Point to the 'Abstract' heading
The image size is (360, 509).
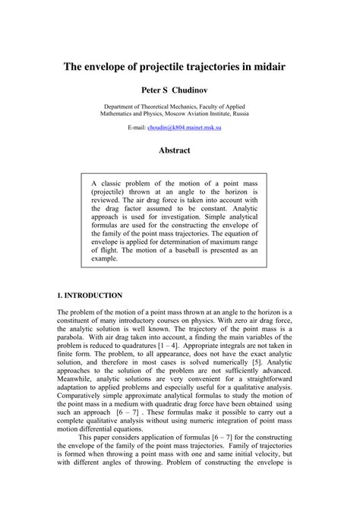tap(174, 150)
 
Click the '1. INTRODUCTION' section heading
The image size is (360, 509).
tap(90, 294)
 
